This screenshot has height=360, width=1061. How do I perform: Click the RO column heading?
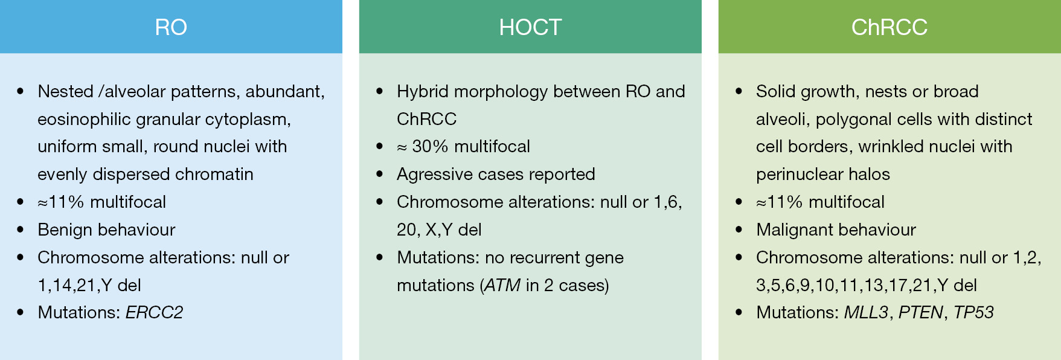click(x=171, y=27)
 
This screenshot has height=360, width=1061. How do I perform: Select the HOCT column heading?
click(x=530, y=27)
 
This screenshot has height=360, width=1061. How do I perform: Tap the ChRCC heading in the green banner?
click(x=889, y=27)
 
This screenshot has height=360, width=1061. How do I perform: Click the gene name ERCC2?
click(x=154, y=312)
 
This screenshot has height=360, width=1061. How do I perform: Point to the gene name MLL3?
click(x=866, y=312)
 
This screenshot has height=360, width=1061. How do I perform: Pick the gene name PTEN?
click(x=921, y=312)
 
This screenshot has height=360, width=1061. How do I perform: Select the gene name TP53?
click(x=974, y=312)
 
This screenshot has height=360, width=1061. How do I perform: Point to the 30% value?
click(x=430, y=146)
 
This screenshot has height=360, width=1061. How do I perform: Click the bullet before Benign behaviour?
click(x=21, y=230)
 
